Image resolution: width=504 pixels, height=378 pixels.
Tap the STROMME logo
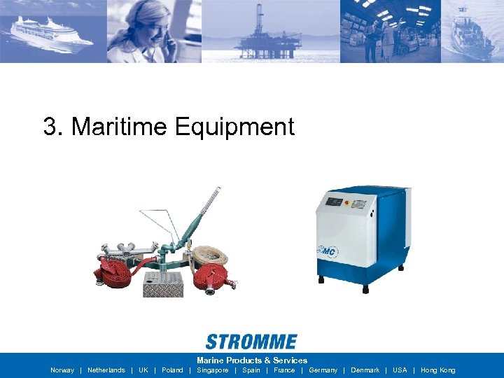coord(251,342)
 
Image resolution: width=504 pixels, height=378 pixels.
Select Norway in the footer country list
coord(62,370)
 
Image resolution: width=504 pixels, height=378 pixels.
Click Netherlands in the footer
coord(106,370)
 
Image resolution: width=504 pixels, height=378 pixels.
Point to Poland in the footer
coord(172,370)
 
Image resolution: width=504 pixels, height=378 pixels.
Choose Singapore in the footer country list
coord(213,370)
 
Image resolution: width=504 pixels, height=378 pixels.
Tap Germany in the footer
coord(323,370)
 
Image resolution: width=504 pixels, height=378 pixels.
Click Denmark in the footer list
coord(365,370)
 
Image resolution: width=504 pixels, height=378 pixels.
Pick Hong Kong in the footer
coord(437,370)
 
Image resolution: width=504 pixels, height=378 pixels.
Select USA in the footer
coord(400,370)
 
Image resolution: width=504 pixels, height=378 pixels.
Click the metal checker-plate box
coord(162,283)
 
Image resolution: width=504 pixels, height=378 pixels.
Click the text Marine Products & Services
coord(251,360)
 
